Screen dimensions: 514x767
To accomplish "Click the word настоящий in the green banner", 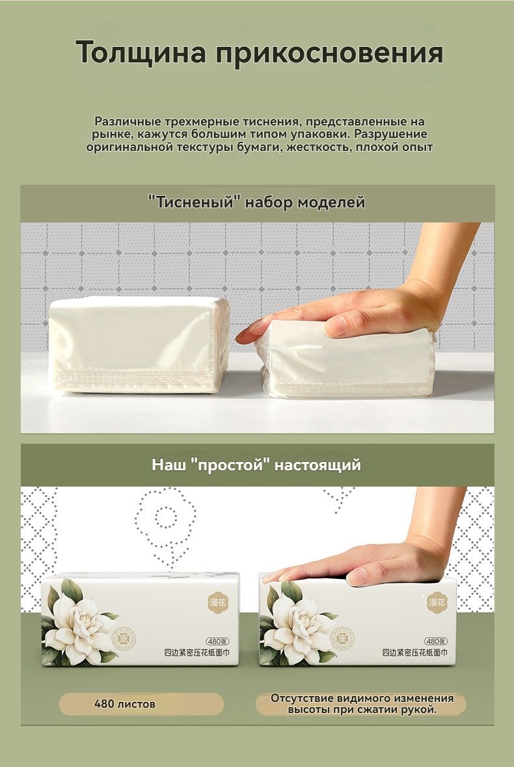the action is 318,464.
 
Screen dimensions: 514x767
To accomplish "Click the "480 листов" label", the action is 125,704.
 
